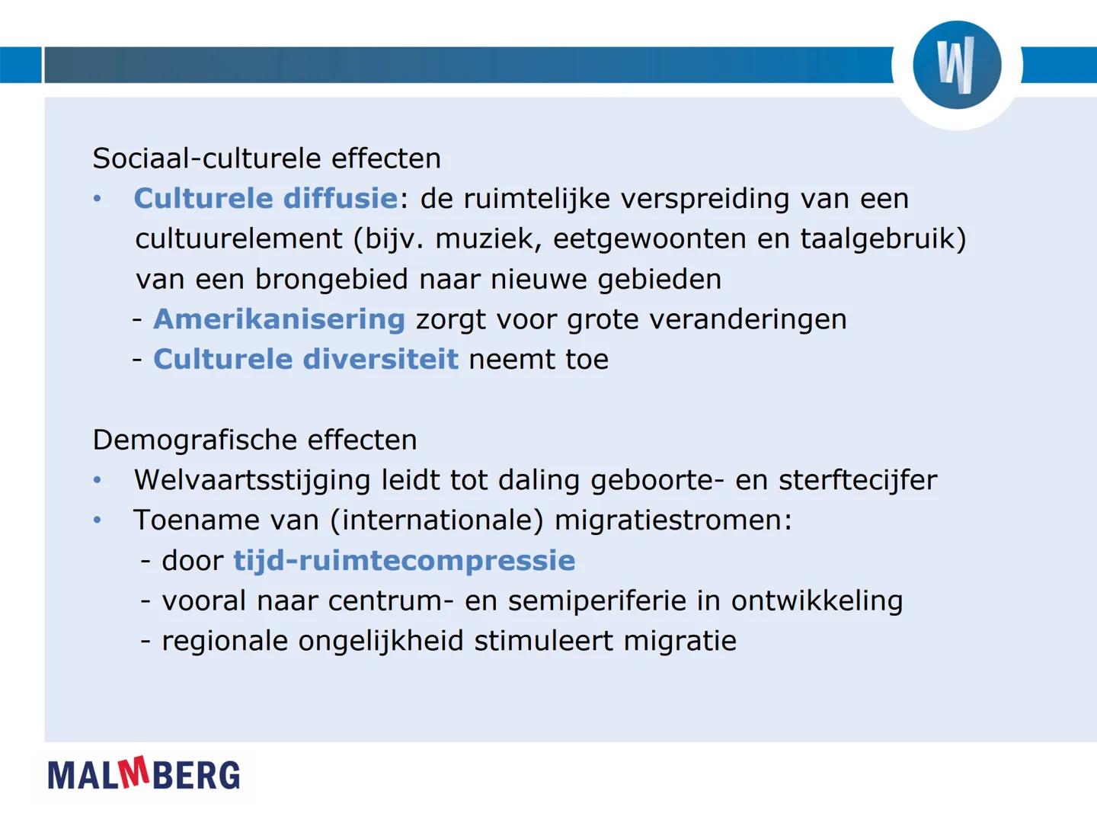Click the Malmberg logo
click(143, 774)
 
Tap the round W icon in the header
click(957, 66)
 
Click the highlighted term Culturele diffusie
click(266, 199)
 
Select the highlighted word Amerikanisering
click(279, 319)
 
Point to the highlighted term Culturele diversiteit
click(305, 359)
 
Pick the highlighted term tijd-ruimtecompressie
click(404, 561)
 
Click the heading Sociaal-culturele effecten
click(267, 159)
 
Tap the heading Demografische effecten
click(254, 440)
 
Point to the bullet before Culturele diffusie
click(97, 199)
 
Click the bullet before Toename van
click(97, 520)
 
